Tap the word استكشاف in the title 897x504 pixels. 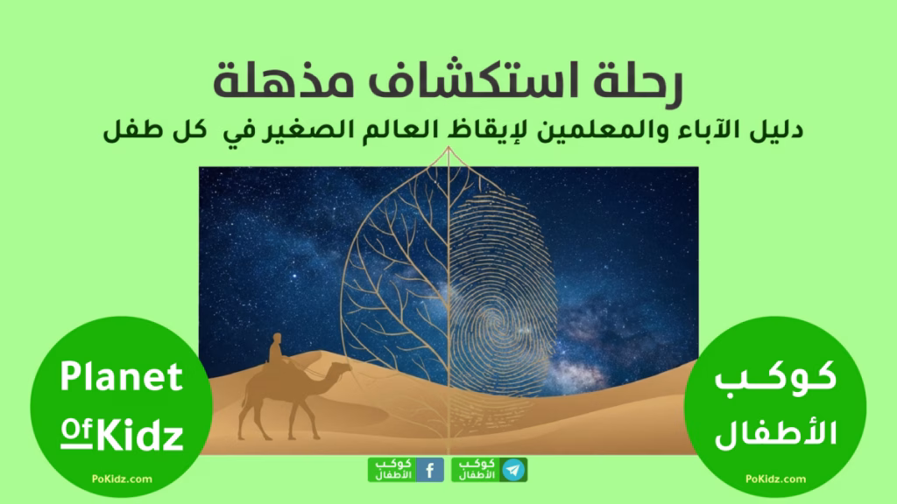pyautogui.click(x=491, y=80)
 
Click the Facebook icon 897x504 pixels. pyautogui.click(x=430, y=470)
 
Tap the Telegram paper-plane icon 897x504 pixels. pyautogui.click(x=515, y=470)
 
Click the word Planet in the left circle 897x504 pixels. pyautogui.click(x=121, y=378)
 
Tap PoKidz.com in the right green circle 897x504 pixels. pyautogui.click(x=778, y=479)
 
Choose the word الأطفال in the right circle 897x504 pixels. pyautogui.click(x=777, y=433)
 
